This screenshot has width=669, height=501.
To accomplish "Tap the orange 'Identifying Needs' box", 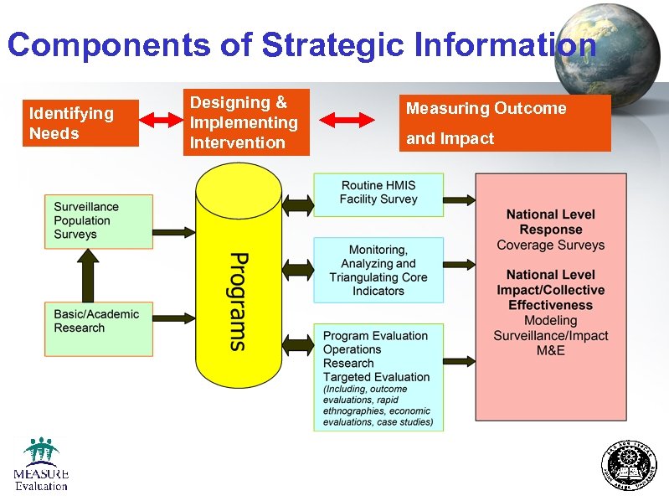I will (83, 123).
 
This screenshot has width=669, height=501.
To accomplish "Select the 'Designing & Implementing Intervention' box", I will (246, 122).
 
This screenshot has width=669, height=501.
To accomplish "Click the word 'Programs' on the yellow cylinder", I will (238, 301).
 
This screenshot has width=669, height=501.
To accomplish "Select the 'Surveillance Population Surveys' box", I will (99, 221).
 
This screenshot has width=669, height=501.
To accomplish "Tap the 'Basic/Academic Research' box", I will (99, 328).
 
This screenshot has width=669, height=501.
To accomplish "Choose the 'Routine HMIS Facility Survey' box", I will (378, 194).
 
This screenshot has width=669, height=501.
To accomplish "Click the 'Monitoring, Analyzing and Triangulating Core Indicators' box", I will (378, 270).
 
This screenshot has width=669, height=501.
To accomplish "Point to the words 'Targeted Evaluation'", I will (377, 377).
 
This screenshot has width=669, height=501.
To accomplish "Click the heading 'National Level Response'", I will (551, 222).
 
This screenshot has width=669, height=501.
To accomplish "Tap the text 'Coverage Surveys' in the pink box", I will (551, 245).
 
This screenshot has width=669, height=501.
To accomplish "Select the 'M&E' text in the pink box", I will (551, 350).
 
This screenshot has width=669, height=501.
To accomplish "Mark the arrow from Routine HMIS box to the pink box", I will (459, 199).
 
